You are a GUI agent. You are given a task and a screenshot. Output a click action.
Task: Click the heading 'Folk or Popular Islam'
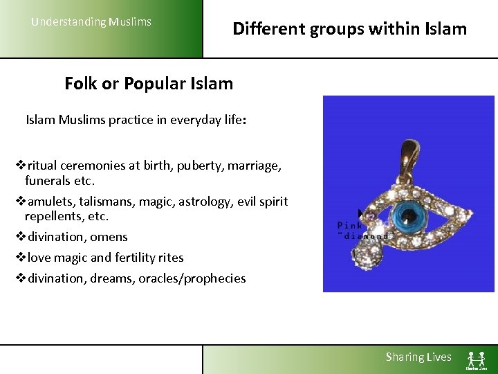pyautogui.click(x=149, y=84)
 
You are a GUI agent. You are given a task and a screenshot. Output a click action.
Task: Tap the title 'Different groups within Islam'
pyautogui.click(x=349, y=29)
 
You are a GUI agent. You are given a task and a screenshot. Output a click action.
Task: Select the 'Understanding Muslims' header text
pyautogui.click(x=91, y=22)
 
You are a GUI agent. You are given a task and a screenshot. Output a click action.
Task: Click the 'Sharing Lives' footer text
pyautogui.click(x=418, y=357)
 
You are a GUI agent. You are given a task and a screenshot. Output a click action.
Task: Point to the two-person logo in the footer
pyautogui.click(x=476, y=359)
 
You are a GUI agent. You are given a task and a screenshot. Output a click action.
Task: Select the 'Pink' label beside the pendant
pyautogui.click(x=350, y=225)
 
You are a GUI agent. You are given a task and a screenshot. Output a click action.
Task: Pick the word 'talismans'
pyautogui.click(x=104, y=202)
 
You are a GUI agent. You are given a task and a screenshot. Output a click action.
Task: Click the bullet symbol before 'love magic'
pyautogui.click(x=20, y=258)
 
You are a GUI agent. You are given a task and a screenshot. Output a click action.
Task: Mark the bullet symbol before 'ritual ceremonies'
pyautogui.click(x=20, y=166)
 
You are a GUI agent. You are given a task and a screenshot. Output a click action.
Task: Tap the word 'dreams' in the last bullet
pyautogui.click(x=111, y=278)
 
